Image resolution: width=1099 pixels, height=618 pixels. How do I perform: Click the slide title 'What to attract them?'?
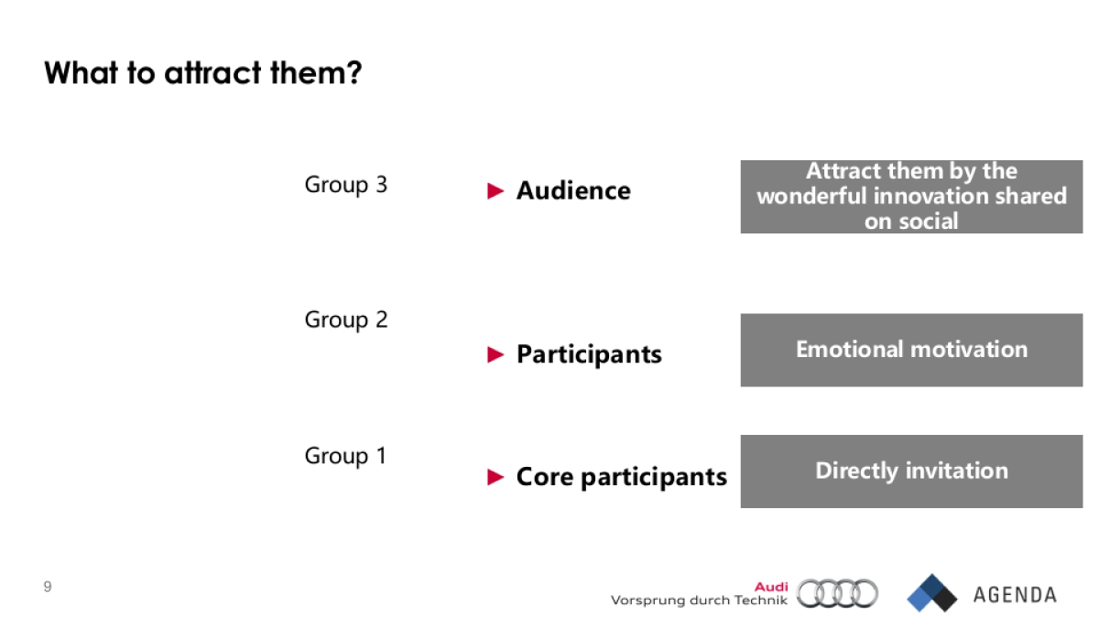(203, 73)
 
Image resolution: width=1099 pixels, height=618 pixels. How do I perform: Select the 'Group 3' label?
(345, 185)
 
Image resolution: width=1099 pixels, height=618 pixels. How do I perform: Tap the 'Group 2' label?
(345, 320)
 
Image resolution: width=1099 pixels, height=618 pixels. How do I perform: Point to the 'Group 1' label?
(345, 456)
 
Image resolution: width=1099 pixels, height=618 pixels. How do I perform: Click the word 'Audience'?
(573, 190)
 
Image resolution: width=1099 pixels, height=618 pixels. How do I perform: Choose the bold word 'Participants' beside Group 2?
(589, 354)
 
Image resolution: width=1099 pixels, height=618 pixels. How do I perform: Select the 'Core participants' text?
(621, 477)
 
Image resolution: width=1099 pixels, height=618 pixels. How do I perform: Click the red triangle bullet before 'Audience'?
(495, 190)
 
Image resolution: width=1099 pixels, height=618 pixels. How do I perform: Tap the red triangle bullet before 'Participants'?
(495, 354)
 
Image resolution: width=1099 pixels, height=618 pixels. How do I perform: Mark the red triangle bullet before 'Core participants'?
(495, 477)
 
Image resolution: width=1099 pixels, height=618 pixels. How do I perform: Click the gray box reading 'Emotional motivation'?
(911, 350)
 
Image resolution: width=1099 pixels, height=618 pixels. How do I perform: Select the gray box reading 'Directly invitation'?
(911, 472)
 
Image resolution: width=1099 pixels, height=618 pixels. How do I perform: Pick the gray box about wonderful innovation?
(911, 196)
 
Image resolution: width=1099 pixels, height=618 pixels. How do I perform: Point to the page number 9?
(48, 587)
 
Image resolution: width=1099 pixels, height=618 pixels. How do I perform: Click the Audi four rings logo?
(837, 593)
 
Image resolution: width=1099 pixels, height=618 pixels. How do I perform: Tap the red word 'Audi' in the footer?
(771, 587)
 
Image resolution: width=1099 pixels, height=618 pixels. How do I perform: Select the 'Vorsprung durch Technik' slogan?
(699, 601)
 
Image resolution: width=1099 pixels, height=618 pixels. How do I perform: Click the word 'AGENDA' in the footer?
(1015, 595)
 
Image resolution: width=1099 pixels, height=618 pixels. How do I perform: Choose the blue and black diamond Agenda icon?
(931, 593)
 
